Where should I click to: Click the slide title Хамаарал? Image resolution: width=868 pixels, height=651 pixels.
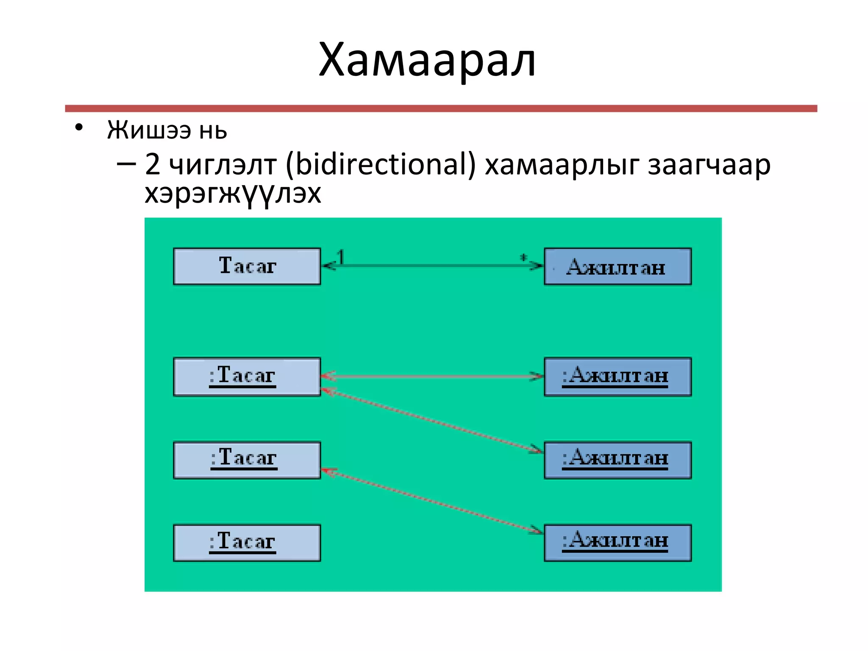tap(427, 60)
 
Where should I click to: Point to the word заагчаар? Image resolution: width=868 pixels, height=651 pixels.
tap(709, 165)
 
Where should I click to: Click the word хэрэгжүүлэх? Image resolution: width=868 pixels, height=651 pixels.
tap(233, 195)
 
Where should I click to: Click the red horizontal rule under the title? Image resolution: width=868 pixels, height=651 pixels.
tap(441, 108)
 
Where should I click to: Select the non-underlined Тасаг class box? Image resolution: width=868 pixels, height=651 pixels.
tap(247, 266)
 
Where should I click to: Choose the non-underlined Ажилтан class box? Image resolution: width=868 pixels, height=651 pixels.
tap(618, 267)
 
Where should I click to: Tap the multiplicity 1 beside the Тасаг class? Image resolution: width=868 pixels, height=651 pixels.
tap(341, 257)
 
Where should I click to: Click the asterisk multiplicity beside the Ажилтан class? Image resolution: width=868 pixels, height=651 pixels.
tap(524, 257)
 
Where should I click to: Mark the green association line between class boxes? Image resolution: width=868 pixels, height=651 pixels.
tap(432, 266)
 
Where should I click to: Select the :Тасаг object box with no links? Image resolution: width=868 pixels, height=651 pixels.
tap(247, 543)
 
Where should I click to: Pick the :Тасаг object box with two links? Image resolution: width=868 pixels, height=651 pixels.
tap(247, 377)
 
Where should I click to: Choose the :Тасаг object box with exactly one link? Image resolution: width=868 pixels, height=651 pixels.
tap(247, 460)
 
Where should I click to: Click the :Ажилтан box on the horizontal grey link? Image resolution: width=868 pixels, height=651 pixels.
tap(618, 377)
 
